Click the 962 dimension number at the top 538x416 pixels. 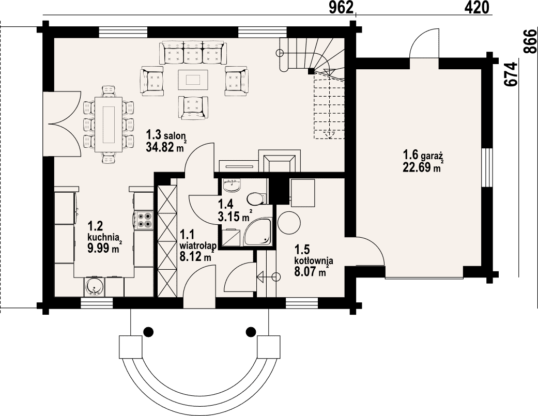341,7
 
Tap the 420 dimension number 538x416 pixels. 477,7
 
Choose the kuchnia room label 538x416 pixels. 103,237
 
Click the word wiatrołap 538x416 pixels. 197,246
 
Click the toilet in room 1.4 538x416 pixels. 256,198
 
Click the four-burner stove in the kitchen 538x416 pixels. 144,220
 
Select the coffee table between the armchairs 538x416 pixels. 193,80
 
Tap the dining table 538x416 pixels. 110,124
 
